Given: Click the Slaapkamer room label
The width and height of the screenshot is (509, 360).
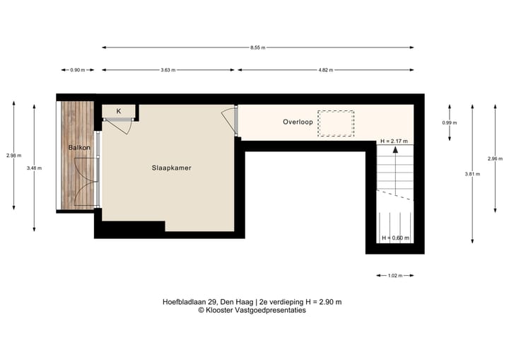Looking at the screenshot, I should pyautogui.click(x=172, y=168).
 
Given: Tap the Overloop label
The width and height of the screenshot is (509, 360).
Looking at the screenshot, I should pyautogui.click(x=298, y=122).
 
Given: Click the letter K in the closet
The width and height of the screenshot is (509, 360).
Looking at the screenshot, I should pyautogui.click(x=119, y=111).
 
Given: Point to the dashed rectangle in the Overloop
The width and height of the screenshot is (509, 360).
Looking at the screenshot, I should pyautogui.click(x=335, y=123).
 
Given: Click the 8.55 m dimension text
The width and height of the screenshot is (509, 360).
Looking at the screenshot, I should pyautogui.click(x=258, y=47).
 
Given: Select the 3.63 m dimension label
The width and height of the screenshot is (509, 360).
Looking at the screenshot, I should pyautogui.click(x=168, y=70).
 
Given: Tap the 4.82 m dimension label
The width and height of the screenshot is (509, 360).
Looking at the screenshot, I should pyautogui.click(x=325, y=70).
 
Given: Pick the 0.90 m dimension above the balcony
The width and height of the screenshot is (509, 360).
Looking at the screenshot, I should pyautogui.click(x=77, y=70).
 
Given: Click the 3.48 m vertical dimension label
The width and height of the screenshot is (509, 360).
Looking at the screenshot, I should pyautogui.click(x=34, y=168).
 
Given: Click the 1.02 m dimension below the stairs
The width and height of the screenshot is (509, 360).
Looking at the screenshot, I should pyautogui.click(x=396, y=275).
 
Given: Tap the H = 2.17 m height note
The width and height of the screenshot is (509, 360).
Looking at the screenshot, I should pyautogui.click(x=394, y=141).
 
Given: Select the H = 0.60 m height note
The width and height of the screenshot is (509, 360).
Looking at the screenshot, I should pyautogui.click(x=395, y=238).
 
